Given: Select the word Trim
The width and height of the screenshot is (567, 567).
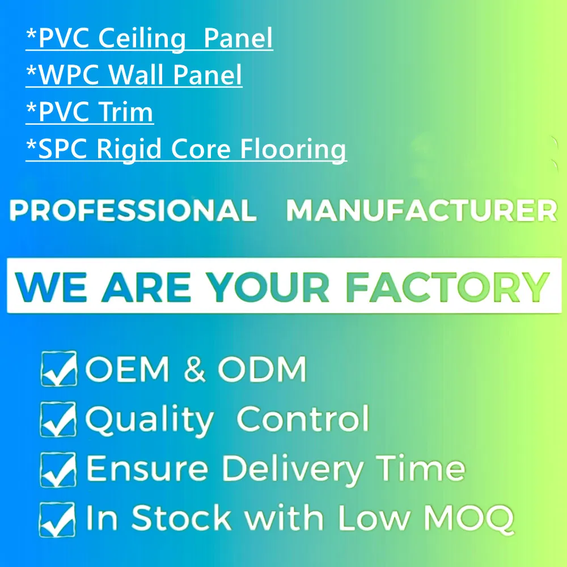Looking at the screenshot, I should [x=125, y=112].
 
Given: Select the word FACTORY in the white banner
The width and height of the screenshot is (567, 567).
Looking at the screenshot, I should [x=447, y=287].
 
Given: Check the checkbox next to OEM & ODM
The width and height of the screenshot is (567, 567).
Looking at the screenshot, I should [x=58, y=369].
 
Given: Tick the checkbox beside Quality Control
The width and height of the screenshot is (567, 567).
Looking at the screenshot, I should [x=58, y=419].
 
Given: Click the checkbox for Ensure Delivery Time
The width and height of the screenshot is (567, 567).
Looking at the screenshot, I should [x=58, y=468].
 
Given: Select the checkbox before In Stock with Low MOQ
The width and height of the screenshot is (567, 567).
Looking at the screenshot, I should [x=58, y=518].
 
